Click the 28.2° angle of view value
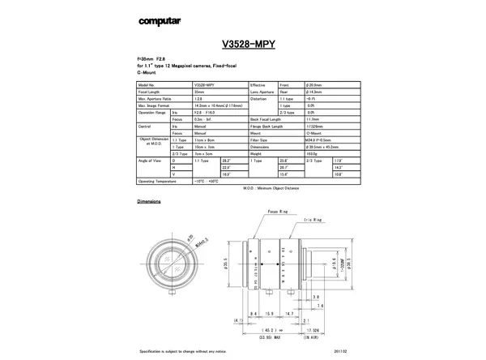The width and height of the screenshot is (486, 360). [226, 161]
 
